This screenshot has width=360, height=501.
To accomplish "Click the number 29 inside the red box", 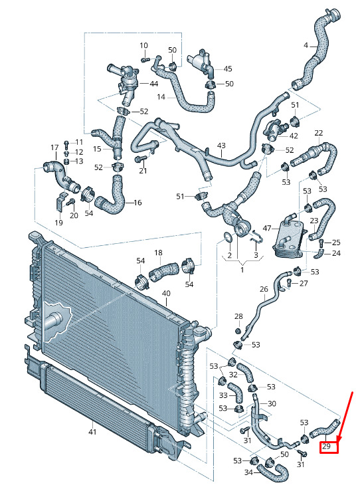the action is [x=326, y=446].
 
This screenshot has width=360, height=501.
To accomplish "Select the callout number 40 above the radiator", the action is [x=166, y=293].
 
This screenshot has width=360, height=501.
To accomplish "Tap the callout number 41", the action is [x=92, y=432].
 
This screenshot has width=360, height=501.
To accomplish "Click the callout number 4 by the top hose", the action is [x=306, y=45].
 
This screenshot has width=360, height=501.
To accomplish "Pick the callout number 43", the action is [x=221, y=146].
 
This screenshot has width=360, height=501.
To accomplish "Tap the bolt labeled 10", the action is [x=145, y=59].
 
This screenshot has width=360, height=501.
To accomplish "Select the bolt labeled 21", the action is [x=141, y=159].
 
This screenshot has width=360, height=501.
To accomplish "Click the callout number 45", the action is [x=227, y=68].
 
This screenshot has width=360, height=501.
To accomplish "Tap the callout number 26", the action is [x=264, y=289].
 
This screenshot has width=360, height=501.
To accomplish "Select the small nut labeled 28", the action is [x=238, y=330].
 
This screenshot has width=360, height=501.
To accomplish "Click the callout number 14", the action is [x=161, y=96].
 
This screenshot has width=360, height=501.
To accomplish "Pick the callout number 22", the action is [x=318, y=133].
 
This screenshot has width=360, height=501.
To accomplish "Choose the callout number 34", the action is [x=249, y=472].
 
